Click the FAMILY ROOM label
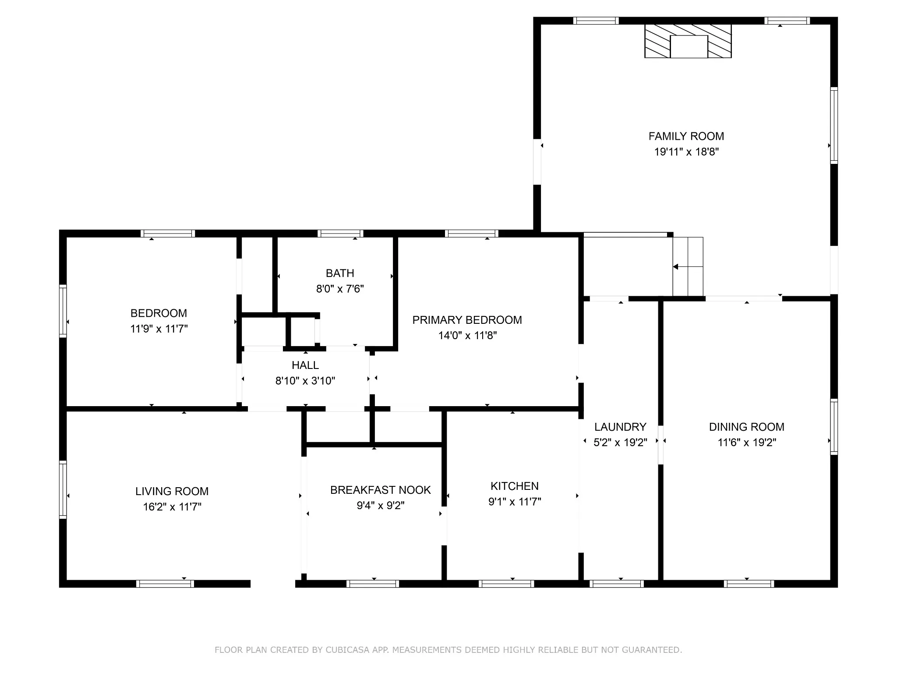(686, 136)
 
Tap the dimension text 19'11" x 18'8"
(686, 152)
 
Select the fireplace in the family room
(688, 41)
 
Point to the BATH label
(340, 273)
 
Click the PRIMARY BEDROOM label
(467, 320)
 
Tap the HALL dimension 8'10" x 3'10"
(305, 381)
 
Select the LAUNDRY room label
(620, 427)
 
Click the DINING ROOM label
(747, 427)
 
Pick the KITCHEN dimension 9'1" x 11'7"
(515, 502)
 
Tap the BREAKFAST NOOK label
(381, 490)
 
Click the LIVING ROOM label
(172, 492)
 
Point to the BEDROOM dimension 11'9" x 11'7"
(159, 329)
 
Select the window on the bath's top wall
(340, 233)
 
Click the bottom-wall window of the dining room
(749, 584)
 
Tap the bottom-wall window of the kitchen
(506, 584)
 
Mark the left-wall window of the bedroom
(63, 311)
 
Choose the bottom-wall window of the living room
(165, 584)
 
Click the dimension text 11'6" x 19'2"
(747, 443)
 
